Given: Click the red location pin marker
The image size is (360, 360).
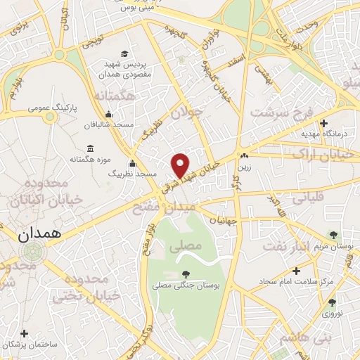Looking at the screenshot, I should (x=181, y=165).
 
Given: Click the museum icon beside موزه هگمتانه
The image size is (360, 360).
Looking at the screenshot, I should (x=89, y=148).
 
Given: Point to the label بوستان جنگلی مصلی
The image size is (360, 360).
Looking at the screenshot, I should (x=185, y=285).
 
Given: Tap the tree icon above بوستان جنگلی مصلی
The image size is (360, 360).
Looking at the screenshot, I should (x=185, y=274).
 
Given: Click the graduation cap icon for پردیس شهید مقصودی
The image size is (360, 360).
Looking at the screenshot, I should (x=125, y=54).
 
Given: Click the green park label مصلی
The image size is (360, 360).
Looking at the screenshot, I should (x=186, y=247).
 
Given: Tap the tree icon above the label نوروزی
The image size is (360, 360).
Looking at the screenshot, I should (x=332, y=302).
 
